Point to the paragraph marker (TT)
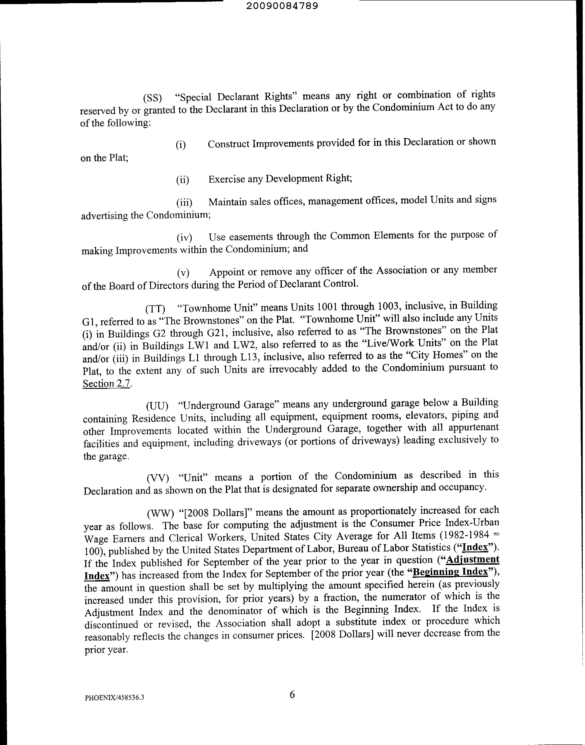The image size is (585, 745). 155,309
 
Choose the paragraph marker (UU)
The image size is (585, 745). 157,406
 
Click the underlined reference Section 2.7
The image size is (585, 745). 107,384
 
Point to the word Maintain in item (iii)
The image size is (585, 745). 227,202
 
